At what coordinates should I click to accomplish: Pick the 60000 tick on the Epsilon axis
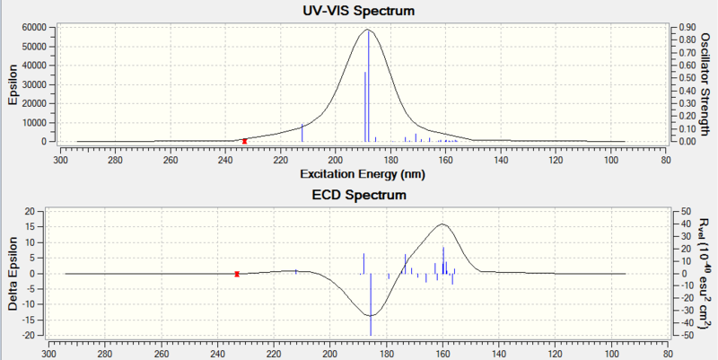pyautogui.click(x=33, y=27)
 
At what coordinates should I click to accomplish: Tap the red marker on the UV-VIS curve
pyautogui.click(x=245, y=141)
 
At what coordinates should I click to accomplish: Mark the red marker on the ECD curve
pyautogui.click(x=237, y=274)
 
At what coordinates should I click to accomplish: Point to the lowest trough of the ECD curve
pyautogui.click(x=371, y=315)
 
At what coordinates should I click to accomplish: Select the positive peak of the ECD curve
pyautogui.click(x=443, y=224)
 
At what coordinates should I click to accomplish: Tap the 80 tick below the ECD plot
pyautogui.click(x=666, y=353)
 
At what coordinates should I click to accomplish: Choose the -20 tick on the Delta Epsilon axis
pyautogui.click(x=28, y=336)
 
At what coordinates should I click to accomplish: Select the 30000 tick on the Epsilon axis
pyautogui.click(x=33, y=84)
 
